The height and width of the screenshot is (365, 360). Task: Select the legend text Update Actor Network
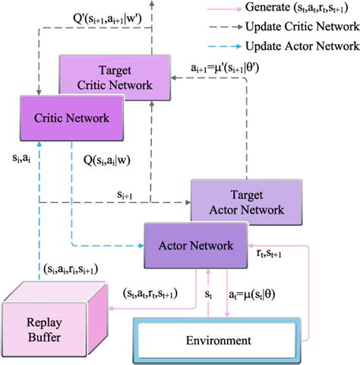click(297, 45)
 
